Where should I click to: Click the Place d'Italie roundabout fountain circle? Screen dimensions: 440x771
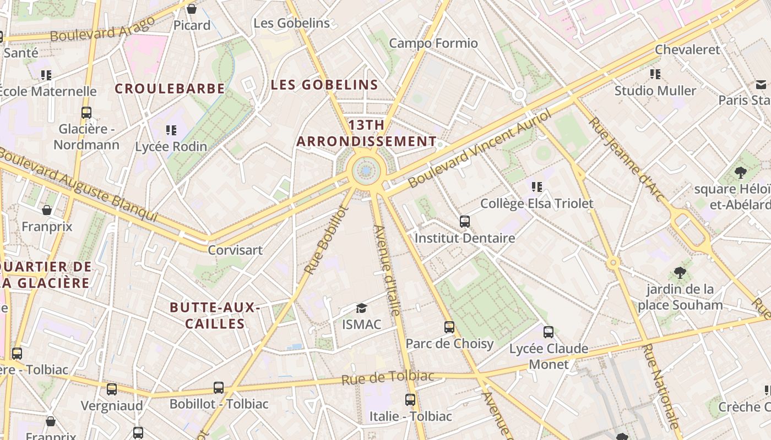pyautogui.click(x=366, y=172)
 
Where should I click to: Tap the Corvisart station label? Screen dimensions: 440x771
pyautogui.click(x=235, y=250)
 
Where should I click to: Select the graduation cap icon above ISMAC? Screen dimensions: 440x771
pyautogui.click(x=361, y=308)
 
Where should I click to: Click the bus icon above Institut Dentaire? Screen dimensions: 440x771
pyautogui.click(x=465, y=222)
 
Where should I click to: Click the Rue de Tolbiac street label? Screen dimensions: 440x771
pyautogui.click(x=388, y=378)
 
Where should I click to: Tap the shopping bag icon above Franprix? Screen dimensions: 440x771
pyautogui.click(x=47, y=210)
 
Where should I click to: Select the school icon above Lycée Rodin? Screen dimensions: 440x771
pyautogui.click(x=171, y=130)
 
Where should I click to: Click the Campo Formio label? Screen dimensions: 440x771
pyautogui.click(x=433, y=43)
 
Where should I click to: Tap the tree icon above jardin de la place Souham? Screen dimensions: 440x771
pyautogui.click(x=680, y=272)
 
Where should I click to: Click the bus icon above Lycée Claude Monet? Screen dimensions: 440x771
pyautogui.click(x=548, y=332)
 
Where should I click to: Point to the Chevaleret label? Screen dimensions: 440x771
pyautogui.click(x=687, y=50)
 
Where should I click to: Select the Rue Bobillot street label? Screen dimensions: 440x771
pyautogui.click(x=327, y=240)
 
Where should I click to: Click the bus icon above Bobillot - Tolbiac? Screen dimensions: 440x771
pyautogui.click(x=219, y=388)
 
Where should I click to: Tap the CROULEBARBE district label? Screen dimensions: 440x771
pyautogui.click(x=170, y=89)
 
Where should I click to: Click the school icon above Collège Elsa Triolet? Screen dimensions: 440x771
pyautogui.click(x=537, y=187)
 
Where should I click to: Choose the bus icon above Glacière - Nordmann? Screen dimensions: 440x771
pyautogui.click(x=86, y=113)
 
